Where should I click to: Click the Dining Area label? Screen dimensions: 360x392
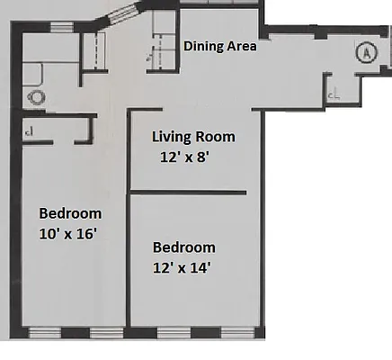tap(220, 46)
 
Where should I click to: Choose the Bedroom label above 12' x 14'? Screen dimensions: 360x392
tap(183, 247)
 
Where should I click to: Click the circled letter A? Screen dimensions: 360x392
tap(365, 53)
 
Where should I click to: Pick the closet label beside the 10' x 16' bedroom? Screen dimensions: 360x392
tap(30, 131)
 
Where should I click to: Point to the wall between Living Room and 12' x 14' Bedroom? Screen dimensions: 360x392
tap(188, 192)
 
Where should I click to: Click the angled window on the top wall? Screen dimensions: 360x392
tap(123, 14)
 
